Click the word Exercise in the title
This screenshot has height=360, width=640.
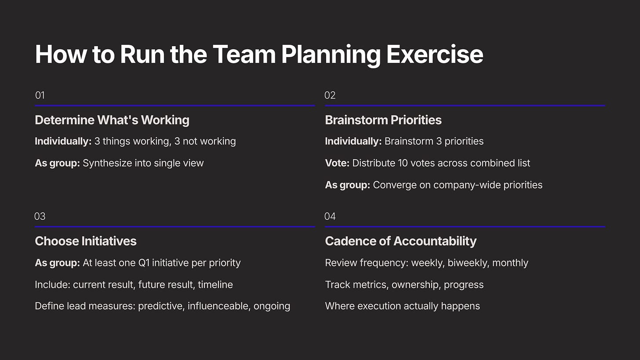click(435, 55)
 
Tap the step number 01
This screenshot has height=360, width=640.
click(40, 95)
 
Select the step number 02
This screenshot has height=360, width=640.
click(330, 95)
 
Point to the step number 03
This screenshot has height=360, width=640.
click(40, 216)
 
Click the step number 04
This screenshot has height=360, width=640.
click(330, 216)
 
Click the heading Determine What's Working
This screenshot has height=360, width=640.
click(112, 120)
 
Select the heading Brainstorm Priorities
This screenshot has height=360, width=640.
click(383, 120)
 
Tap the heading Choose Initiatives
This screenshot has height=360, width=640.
click(86, 241)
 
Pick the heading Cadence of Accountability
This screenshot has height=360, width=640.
click(401, 241)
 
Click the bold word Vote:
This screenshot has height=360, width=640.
click(337, 163)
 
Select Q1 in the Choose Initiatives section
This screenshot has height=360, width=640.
click(144, 263)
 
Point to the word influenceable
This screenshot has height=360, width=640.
click(219, 306)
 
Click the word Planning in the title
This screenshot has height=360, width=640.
click(331, 55)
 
